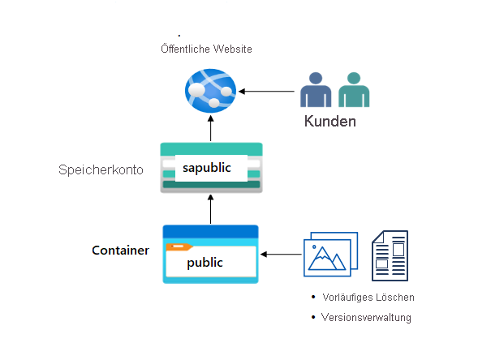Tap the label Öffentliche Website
click(x=206, y=49)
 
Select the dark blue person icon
click(x=315, y=91)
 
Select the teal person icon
click(x=351, y=91)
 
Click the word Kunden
click(x=330, y=122)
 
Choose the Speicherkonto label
click(x=101, y=170)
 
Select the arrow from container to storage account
click(x=210, y=209)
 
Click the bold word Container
click(x=120, y=251)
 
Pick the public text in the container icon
click(x=205, y=263)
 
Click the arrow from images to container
click(x=281, y=255)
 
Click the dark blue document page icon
click(x=390, y=255)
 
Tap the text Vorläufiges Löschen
click(x=368, y=298)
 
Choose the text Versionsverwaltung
click(x=366, y=317)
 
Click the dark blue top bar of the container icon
click(x=210, y=231)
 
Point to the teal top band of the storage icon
click(x=210, y=149)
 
